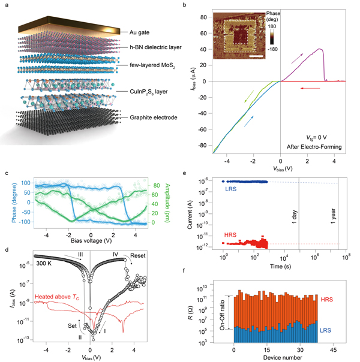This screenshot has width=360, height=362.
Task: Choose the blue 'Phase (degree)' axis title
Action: pos(13,198)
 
